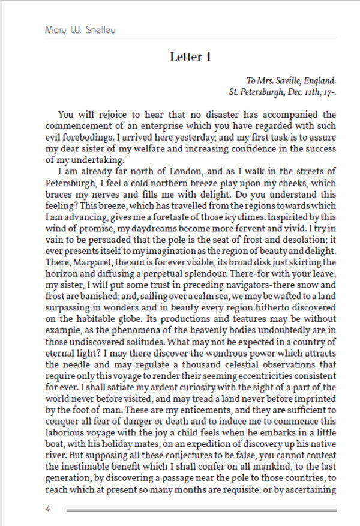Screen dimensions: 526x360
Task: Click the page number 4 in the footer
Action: click(47, 510)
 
